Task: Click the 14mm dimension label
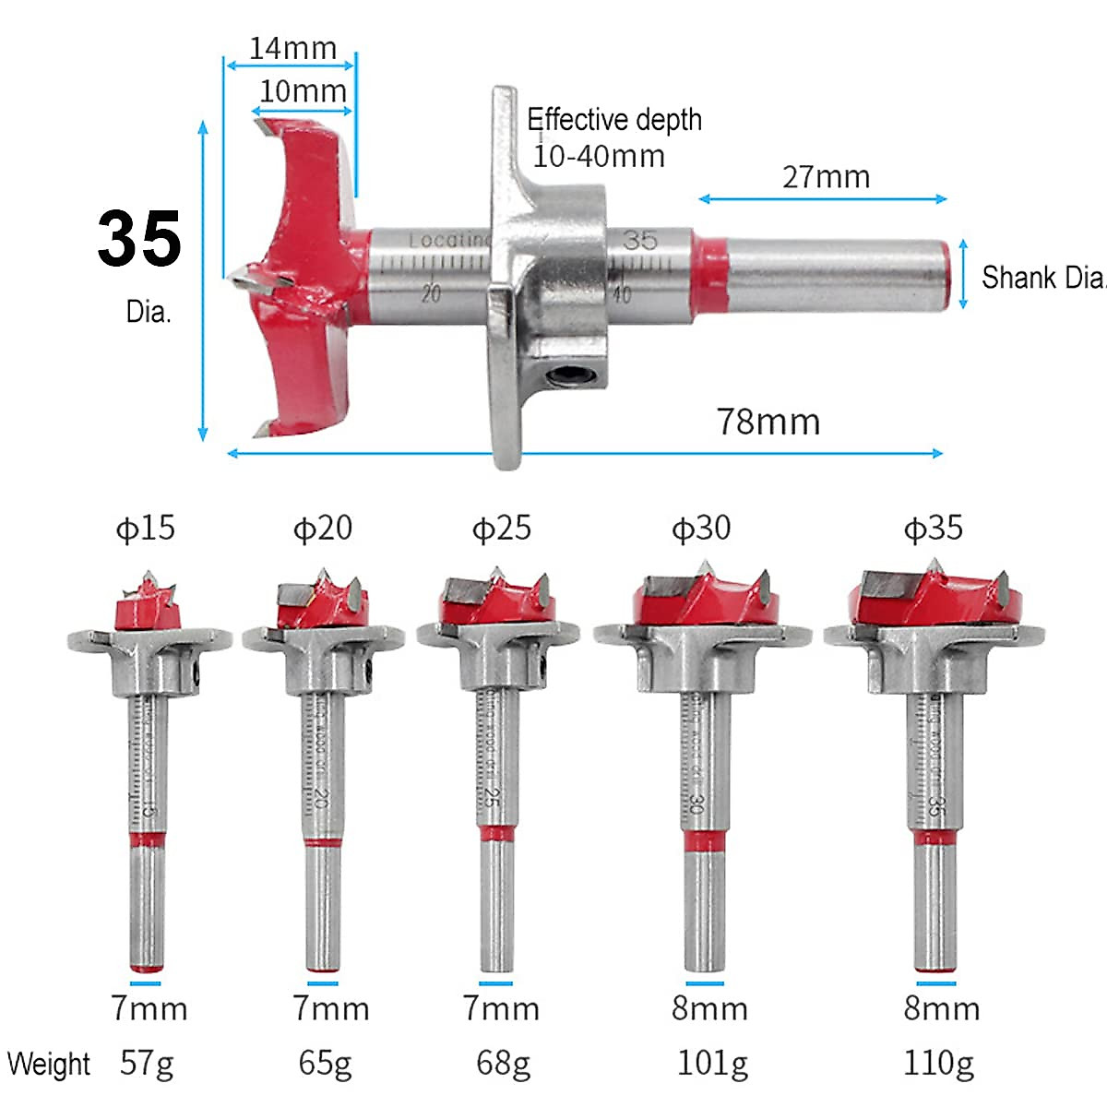(x=292, y=48)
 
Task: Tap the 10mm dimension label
(x=303, y=91)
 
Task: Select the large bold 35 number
(x=139, y=240)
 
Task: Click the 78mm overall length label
(x=768, y=422)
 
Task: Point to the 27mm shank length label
(x=826, y=177)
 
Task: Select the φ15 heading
(x=145, y=529)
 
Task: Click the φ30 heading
(x=701, y=529)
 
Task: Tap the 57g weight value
(x=147, y=1064)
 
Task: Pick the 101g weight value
(x=712, y=1064)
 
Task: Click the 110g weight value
(x=938, y=1064)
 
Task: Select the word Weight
(x=49, y=1064)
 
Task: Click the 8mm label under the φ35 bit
(x=941, y=1008)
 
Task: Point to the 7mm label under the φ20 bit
(x=330, y=1008)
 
